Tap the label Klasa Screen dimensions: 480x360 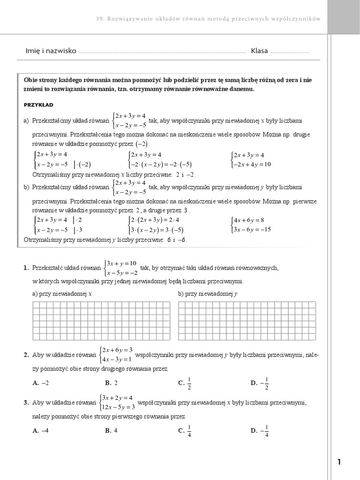click(259, 51)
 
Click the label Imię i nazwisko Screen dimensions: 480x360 click(51, 51)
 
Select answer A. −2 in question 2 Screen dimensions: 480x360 click(41, 383)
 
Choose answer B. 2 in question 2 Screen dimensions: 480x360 click(112, 383)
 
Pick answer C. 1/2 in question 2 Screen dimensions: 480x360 click(185, 383)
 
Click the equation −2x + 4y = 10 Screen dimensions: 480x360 click(253, 165)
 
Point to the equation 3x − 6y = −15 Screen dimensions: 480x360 click(253, 230)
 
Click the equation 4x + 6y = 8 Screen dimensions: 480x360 click(249, 220)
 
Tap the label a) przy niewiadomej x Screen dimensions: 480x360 click(62, 294)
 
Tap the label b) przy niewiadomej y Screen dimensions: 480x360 click(208, 294)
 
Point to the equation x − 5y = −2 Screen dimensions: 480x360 click(121, 273)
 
